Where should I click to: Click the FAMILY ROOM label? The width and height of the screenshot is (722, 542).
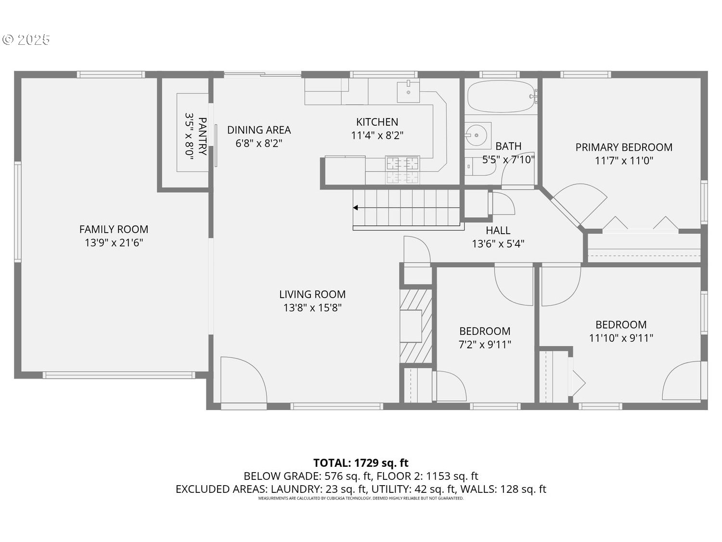[x=114, y=229]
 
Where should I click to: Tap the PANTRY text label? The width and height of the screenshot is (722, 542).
[x=203, y=136]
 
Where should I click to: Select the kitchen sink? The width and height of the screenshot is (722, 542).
[x=408, y=92]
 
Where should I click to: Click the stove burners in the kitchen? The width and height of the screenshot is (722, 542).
[x=402, y=170]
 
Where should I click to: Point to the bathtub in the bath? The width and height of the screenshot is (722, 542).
[x=501, y=96]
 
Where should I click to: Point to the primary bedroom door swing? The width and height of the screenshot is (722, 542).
[x=580, y=204]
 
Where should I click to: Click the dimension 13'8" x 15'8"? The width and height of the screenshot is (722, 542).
[x=312, y=308]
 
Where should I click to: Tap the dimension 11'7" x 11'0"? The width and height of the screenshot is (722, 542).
[x=624, y=161]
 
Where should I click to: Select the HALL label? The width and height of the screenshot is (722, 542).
[x=498, y=230]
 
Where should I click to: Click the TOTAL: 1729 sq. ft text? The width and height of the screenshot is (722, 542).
[x=361, y=463]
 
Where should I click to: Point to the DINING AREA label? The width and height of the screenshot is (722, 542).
[x=259, y=130]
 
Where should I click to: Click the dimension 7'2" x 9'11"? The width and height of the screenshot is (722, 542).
[x=485, y=344]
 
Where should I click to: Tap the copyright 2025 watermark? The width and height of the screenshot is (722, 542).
[x=27, y=40]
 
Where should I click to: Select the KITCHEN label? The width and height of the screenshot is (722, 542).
[x=377, y=122]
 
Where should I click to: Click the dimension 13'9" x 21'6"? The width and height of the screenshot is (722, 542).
[x=114, y=243]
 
